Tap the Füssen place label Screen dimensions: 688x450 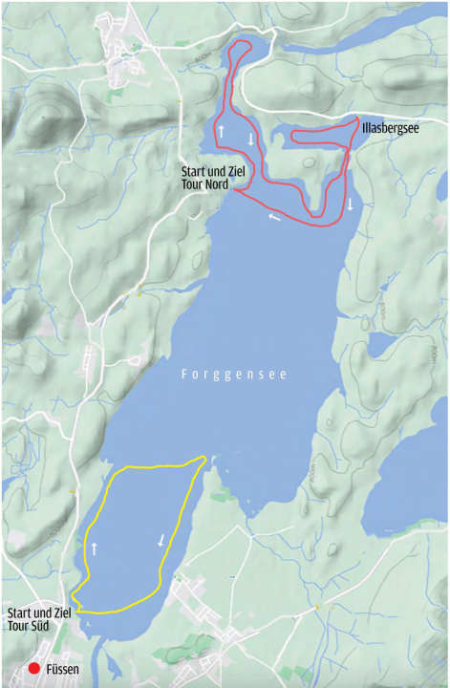63,670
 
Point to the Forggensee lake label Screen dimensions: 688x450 234,375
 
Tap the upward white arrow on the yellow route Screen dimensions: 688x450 95,548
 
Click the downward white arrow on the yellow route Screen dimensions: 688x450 161,540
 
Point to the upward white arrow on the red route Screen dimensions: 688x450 222,130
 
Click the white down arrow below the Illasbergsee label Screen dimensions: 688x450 350,204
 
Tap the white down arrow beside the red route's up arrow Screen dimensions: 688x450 250,140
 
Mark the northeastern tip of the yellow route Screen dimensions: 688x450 204,460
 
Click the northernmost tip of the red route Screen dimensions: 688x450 240,41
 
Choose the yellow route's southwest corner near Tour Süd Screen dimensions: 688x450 74,607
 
